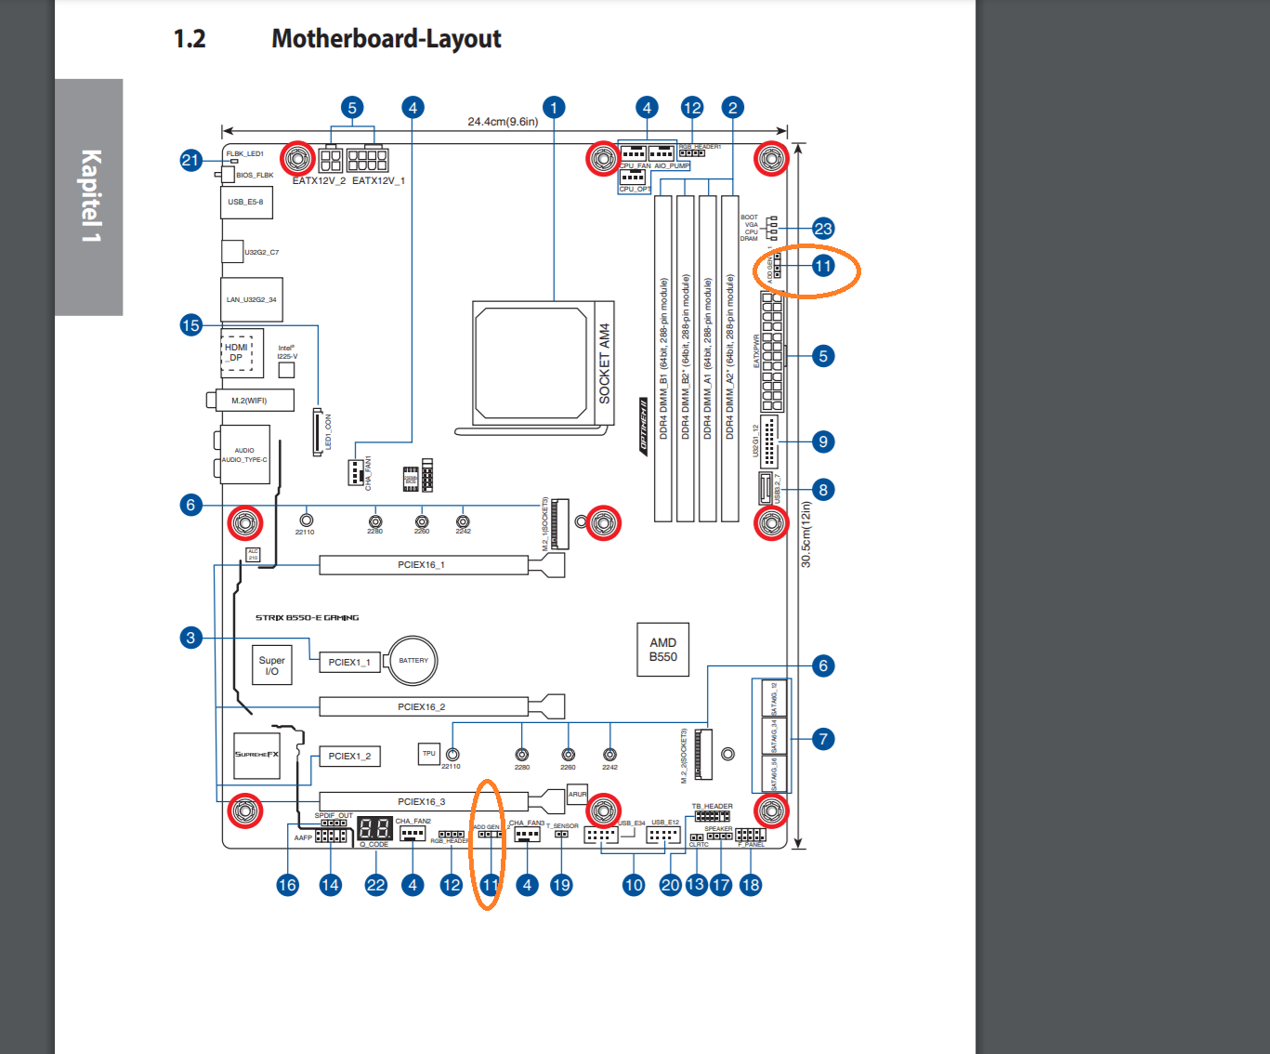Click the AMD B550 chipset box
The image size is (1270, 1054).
[662, 649]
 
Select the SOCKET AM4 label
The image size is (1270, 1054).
[604, 362]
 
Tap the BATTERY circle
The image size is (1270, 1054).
[412, 660]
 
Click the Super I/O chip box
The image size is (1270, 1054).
[271, 665]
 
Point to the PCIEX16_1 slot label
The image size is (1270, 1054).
[421, 564]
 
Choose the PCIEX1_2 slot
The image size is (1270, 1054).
[349, 756]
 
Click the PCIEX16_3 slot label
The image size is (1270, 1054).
[421, 801]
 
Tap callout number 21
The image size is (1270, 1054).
[190, 160]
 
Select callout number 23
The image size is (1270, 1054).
[823, 229]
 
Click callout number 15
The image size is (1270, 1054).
[190, 325]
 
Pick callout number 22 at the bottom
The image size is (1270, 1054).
[375, 885]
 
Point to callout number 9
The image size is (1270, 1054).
[823, 441]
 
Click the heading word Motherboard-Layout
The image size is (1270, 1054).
[386, 39]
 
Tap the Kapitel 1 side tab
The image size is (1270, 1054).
[89, 196]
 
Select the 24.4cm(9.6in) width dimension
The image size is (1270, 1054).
[503, 122]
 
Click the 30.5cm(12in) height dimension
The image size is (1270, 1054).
[805, 534]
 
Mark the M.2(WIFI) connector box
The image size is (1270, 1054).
[249, 401]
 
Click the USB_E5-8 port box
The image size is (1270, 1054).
[246, 202]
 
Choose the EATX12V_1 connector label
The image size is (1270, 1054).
[378, 180]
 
